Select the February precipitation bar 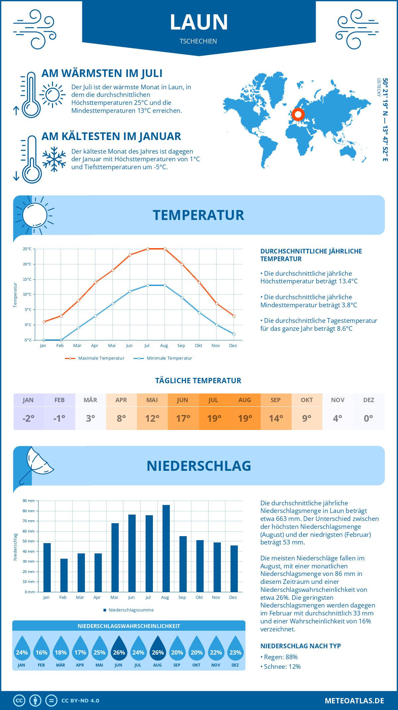coord(64,575)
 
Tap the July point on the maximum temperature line coord(148,249)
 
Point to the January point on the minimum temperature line coord(44,340)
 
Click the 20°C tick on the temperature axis coord(27,264)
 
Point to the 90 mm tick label coord(29,501)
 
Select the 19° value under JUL coord(214,418)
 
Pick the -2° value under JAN coord(29,418)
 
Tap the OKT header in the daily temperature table coord(307,400)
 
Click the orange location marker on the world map coord(298,114)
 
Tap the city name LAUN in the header coord(199,22)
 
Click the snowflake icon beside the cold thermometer coord(54,159)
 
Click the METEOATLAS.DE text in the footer coord(354,701)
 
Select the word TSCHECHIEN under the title coord(198,41)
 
